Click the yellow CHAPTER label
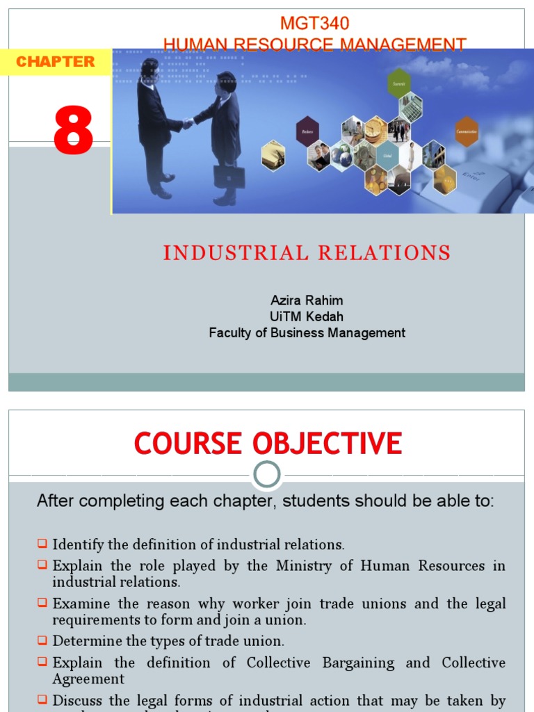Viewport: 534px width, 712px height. pos(55,62)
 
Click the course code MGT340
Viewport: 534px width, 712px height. pos(314,23)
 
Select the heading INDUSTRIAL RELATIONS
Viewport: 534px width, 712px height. pos(307,252)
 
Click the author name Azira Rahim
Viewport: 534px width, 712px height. pos(307,300)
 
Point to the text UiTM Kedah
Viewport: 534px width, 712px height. pos(307,316)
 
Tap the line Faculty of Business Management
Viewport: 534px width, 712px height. pos(307,333)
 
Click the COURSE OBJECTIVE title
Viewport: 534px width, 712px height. pos(268,443)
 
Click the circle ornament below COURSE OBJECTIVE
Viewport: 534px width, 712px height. pos(267,476)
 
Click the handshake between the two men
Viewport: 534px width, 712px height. pos(188,123)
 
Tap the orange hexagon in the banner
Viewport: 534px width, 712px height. pos(467,131)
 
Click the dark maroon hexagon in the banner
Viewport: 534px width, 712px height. pos(307,131)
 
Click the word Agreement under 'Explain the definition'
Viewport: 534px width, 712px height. pos(88,679)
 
